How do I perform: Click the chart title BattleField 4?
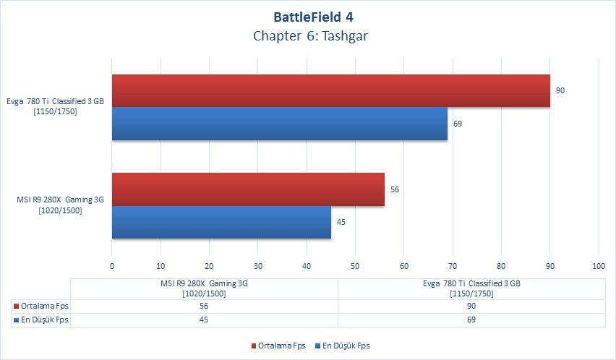tap(313, 17)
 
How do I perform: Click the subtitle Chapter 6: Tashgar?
tap(310, 36)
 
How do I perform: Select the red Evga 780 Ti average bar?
tap(331, 90)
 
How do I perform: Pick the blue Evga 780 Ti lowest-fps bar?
tap(280, 124)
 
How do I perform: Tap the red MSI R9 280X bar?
tap(248, 189)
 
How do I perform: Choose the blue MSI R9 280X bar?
tap(221, 222)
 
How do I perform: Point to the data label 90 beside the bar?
tap(560, 90)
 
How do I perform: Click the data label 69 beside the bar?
tap(458, 124)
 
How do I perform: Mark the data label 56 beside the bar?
tap(395, 189)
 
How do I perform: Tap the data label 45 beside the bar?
tap(341, 222)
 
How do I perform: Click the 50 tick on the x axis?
tap(355, 266)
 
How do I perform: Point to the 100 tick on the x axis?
tap(599, 266)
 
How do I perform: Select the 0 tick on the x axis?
tap(112, 266)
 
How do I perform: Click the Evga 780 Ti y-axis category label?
tap(56, 106)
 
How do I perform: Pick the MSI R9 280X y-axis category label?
tap(61, 205)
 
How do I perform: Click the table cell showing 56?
tap(204, 307)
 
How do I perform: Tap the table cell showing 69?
tap(471, 320)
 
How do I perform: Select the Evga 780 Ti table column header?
tap(471, 288)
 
